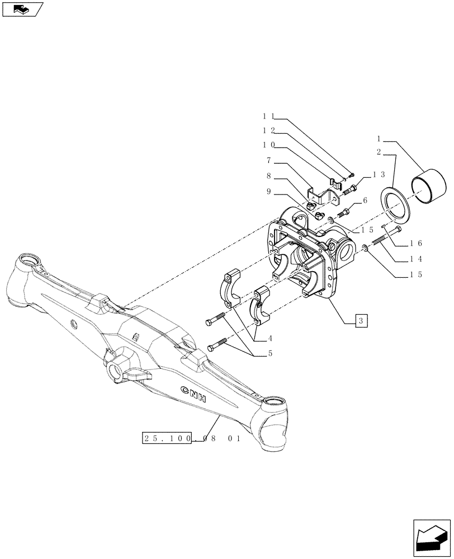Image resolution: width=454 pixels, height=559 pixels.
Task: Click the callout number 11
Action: click(267, 117)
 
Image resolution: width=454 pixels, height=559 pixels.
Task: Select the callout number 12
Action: click(267, 130)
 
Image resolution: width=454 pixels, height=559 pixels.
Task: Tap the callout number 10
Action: click(267, 145)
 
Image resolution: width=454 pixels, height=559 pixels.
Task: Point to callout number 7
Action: click(270, 160)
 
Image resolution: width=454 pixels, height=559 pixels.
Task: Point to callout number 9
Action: click(270, 191)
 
